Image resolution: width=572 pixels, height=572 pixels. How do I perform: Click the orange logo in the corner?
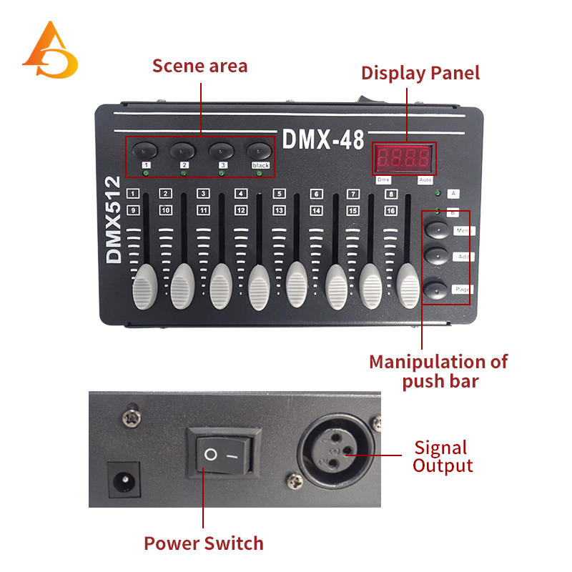tap(49, 51)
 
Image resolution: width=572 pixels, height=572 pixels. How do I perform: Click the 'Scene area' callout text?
tap(199, 66)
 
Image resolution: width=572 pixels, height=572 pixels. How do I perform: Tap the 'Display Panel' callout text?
tap(420, 73)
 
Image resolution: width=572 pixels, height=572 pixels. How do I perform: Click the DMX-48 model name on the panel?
tap(323, 139)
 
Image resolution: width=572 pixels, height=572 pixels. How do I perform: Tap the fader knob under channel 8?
tap(408, 285)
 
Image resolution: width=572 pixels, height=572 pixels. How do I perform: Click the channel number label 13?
tap(279, 210)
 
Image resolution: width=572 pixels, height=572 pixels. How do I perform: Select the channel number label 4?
tap(241, 193)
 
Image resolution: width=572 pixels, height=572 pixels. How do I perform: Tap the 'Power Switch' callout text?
tap(204, 543)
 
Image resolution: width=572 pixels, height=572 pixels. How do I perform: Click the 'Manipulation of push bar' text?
tap(439, 371)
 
